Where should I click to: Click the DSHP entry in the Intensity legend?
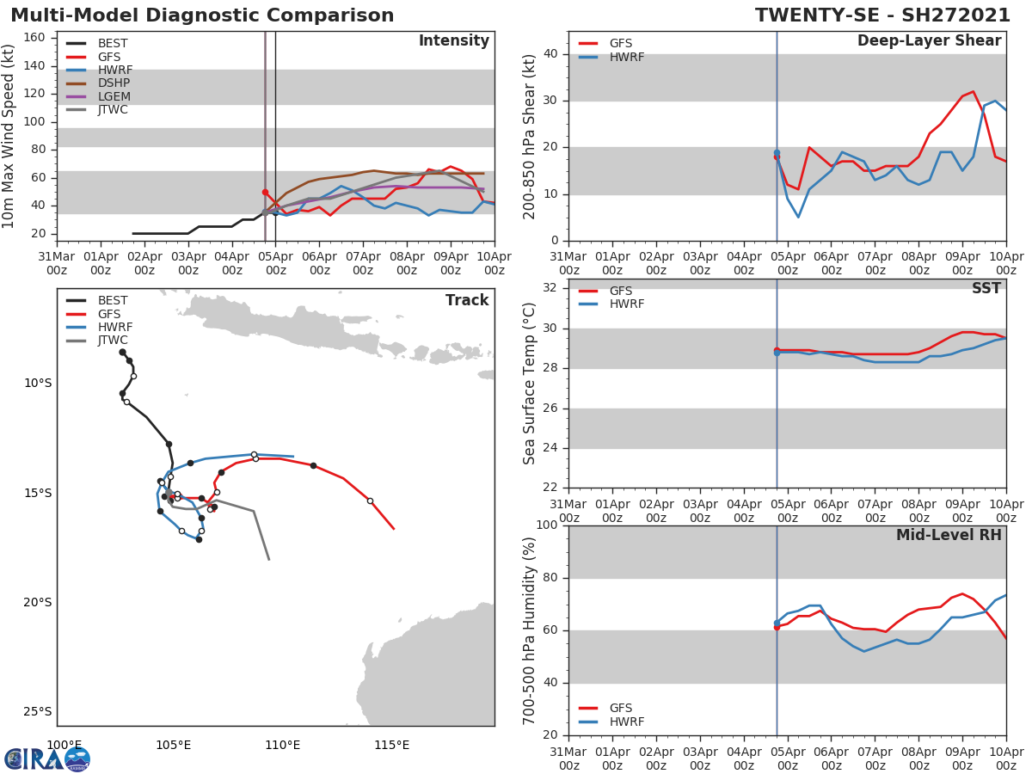point(113,83)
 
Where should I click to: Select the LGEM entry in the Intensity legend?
point(113,96)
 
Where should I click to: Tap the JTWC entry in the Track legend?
point(113,341)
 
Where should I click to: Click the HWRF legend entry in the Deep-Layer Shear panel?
point(626,58)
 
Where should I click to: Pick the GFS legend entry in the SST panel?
point(621,291)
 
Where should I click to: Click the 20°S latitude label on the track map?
point(38,602)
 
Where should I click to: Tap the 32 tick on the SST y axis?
point(550,287)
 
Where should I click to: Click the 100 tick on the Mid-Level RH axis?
point(546,525)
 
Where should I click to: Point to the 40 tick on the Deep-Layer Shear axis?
point(550,53)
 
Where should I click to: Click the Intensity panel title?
point(453,41)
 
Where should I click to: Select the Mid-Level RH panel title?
point(949,535)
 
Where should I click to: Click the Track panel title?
point(467,300)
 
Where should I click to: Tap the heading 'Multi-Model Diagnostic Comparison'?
point(202,15)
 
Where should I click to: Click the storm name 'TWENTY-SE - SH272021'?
point(882,15)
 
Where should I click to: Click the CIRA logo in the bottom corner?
point(47,759)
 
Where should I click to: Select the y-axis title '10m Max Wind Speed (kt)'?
point(9,136)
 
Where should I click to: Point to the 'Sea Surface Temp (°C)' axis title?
point(530,383)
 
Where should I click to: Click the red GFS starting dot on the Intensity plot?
point(265,192)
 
